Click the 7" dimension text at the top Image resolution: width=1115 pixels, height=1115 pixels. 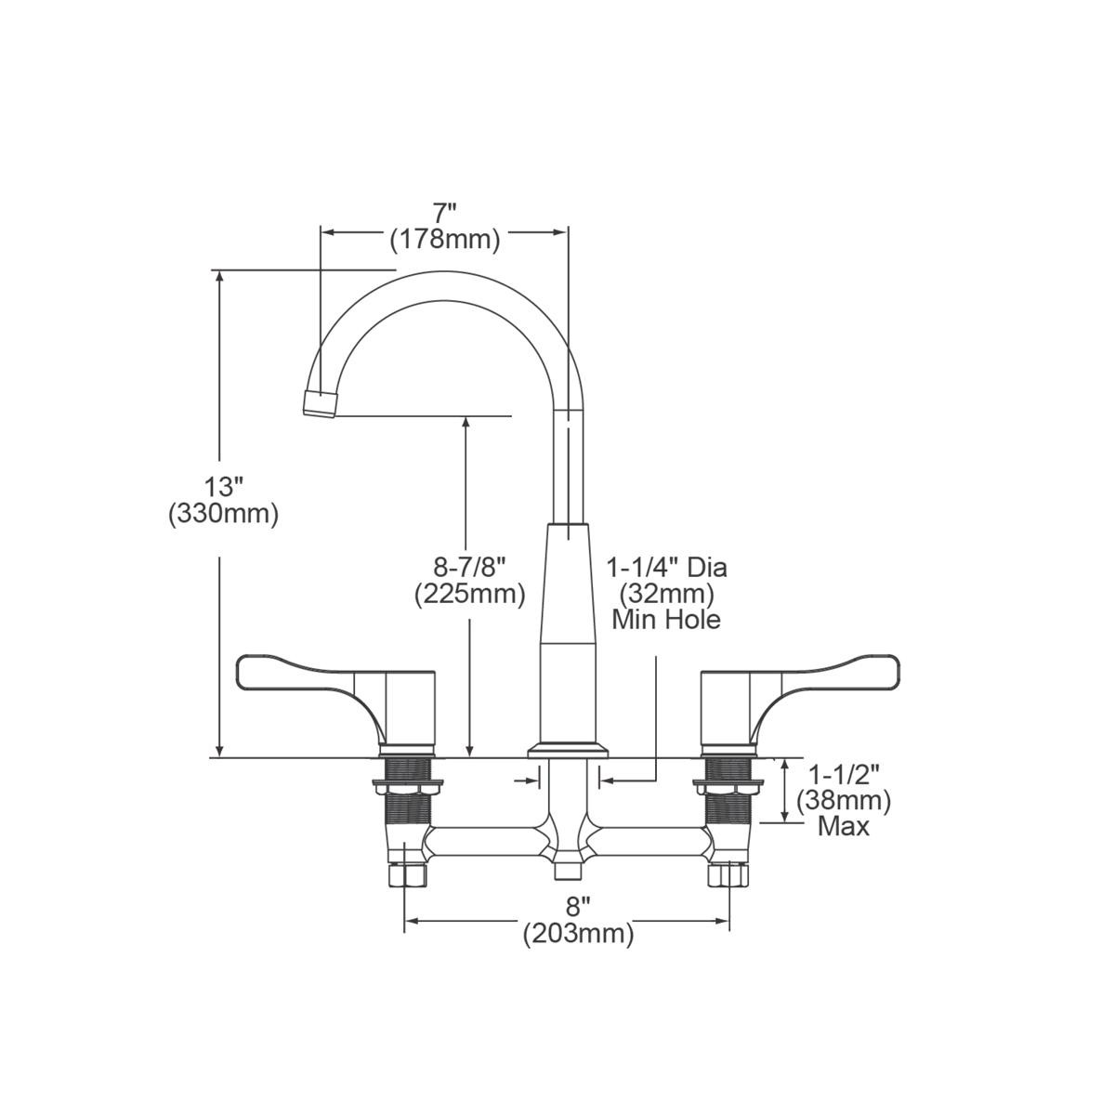click(x=444, y=213)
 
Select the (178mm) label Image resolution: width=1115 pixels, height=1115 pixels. click(x=444, y=240)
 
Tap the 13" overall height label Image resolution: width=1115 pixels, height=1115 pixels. click(x=223, y=486)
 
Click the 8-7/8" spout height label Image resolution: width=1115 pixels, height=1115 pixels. click(x=469, y=566)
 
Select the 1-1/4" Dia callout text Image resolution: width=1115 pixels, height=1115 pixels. click(x=666, y=566)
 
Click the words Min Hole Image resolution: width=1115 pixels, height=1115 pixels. click(x=666, y=619)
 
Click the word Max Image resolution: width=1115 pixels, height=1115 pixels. click(x=844, y=826)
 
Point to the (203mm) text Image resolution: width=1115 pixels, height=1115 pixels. click(x=578, y=933)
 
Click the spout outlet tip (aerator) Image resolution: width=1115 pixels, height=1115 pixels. click(x=320, y=404)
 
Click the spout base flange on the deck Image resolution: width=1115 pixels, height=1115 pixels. click(x=567, y=750)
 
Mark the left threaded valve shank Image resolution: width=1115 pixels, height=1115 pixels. click(x=406, y=790)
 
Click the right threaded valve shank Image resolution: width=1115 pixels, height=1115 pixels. click(x=728, y=790)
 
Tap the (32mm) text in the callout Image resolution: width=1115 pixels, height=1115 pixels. click(x=666, y=593)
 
